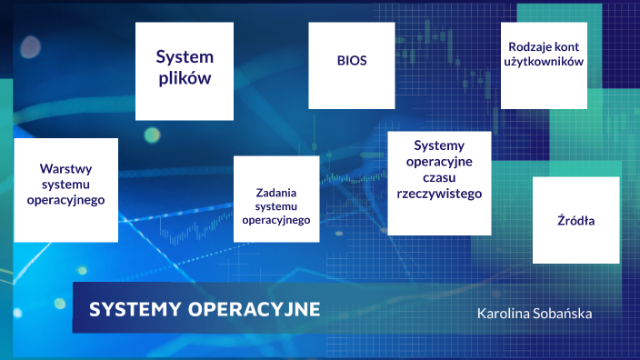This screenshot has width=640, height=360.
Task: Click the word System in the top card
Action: click(x=184, y=56)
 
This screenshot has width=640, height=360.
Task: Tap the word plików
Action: click(x=184, y=78)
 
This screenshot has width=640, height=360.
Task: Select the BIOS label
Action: click(x=351, y=61)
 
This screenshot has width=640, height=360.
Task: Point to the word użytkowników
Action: click(x=542, y=61)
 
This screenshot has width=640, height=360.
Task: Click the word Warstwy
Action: click(x=66, y=168)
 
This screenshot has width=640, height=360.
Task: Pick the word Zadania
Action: click(x=276, y=193)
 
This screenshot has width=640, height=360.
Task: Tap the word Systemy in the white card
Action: click(x=439, y=145)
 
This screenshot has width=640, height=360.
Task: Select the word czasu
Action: click(x=439, y=177)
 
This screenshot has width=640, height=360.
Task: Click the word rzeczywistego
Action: click(x=439, y=194)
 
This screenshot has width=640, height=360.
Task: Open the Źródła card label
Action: click(x=575, y=221)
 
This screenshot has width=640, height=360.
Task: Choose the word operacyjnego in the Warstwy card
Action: click(x=66, y=200)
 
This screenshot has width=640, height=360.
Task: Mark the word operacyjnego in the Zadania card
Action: click(x=276, y=220)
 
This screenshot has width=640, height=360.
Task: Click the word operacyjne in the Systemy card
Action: click(x=439, y=161)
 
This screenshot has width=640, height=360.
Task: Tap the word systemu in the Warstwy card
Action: click(x=66, y=185)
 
